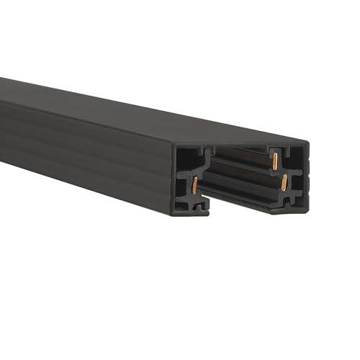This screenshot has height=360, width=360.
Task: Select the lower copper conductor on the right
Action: [x=285, y=180]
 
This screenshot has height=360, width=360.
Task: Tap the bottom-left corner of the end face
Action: [x=174, y=212]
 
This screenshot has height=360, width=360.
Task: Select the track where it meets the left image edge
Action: [x=3, y=115]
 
